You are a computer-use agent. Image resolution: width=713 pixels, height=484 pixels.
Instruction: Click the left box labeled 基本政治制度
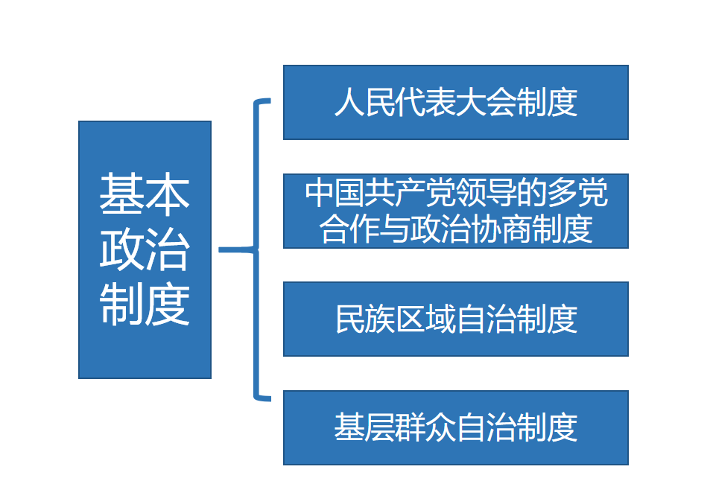tap(145, 249)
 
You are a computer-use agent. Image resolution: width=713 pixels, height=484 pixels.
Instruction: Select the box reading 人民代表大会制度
tap(455, 102)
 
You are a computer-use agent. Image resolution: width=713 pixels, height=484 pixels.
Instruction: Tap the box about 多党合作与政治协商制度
tap(455, 211)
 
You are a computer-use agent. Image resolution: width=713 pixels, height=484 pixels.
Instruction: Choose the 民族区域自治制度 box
tap(455, 319)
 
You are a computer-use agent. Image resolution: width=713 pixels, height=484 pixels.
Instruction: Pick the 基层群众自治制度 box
tap(455, 427)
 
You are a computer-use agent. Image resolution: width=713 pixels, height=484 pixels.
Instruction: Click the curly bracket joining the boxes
tap(257, 249)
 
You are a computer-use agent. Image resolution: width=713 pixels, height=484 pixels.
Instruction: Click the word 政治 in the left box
tap(145, 249)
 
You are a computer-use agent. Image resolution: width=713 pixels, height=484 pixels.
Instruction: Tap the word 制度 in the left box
tap(145, 304)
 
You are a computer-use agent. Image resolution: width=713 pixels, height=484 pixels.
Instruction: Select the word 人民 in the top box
tap(358, 103)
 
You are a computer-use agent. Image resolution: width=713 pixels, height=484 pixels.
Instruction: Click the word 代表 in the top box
tap(407, 103)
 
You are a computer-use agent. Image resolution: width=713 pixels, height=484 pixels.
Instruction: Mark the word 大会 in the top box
tap(456, 103)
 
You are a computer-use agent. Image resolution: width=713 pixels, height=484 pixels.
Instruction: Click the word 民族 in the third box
tap(358, 319)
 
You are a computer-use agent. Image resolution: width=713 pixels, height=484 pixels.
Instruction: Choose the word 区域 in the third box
tap(407, 319)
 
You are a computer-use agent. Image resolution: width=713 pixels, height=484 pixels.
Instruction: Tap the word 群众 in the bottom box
tap(407, 428)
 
